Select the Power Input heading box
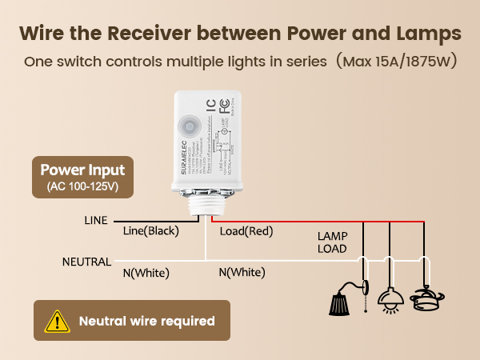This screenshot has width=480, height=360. pos(83,178)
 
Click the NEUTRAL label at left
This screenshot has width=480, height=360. pos(87,262)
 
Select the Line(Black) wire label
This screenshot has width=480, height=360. pos(150,231)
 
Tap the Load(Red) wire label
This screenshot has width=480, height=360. pos(246,231)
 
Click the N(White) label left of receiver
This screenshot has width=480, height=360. pos(146,273)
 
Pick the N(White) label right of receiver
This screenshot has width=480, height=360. pos(242,273)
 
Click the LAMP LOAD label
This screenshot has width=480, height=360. pos(332,242)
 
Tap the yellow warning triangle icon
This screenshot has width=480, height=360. pos(57,322)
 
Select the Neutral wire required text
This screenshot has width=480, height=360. pos(147,322)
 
